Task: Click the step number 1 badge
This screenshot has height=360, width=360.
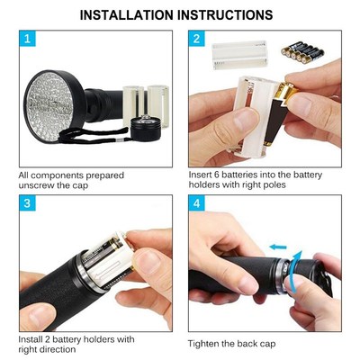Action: tap(30, 40)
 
